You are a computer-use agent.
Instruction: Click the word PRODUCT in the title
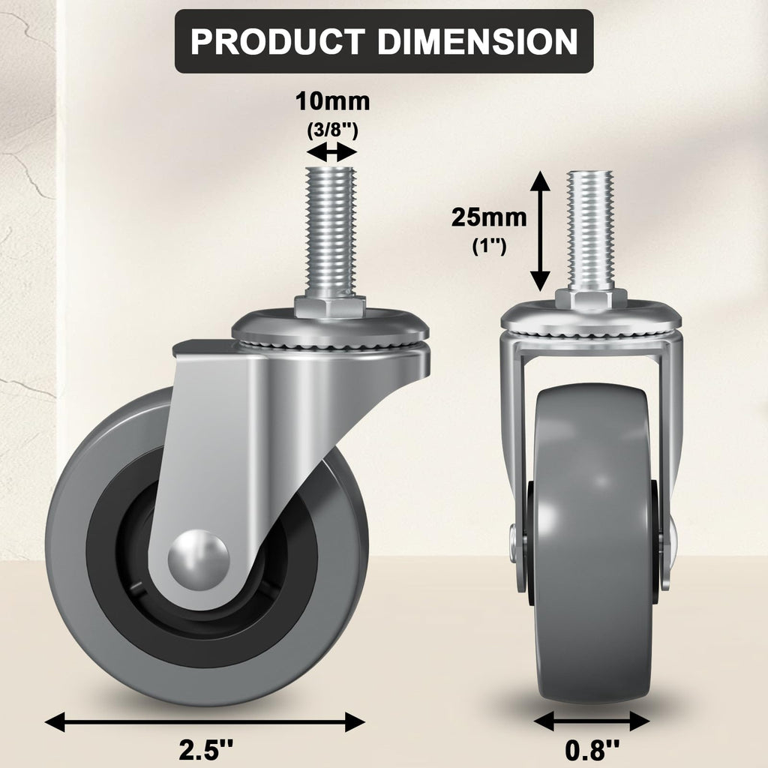277,41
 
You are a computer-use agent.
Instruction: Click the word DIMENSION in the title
477,41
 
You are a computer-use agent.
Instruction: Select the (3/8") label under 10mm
332,129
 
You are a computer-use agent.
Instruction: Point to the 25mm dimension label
488,217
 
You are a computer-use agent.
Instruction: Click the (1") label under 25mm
488,246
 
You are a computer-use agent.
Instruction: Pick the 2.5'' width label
205,749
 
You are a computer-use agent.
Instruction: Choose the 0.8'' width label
592,749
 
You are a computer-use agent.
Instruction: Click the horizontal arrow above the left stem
332,153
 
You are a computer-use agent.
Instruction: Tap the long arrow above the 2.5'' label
205,722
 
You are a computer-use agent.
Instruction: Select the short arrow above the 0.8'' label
592,721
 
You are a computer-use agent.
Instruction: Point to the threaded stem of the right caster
591,229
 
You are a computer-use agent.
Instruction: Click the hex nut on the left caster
330,306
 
